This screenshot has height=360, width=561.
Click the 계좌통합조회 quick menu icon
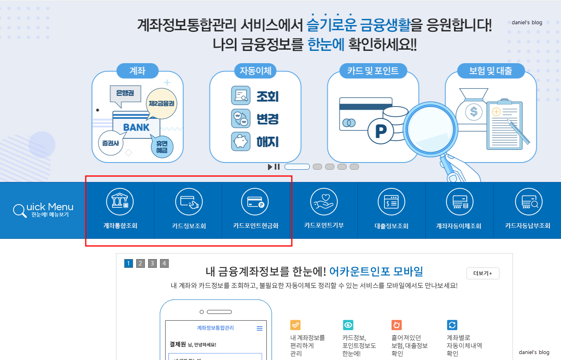120,201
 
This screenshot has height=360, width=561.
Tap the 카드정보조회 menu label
189,226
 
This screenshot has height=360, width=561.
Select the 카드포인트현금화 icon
255,201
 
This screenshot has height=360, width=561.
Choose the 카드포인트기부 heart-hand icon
324,201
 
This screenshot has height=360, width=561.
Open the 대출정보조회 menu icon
391,201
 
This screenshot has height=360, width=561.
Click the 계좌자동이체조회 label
459,226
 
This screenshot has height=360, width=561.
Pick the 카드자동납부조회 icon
528,201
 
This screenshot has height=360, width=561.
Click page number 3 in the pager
152,263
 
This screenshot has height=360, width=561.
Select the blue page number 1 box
129,263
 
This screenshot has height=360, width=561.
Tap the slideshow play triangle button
270,167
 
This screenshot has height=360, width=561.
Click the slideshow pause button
277,167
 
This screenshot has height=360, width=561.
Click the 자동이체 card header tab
255,71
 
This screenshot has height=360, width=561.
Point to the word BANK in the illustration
136,128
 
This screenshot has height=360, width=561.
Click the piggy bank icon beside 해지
241,141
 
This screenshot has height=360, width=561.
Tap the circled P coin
380,131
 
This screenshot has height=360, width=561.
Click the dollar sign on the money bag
474,112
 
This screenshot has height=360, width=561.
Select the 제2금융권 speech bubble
162,103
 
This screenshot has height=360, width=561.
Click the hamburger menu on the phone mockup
260,328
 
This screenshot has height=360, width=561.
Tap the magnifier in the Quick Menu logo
19,210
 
